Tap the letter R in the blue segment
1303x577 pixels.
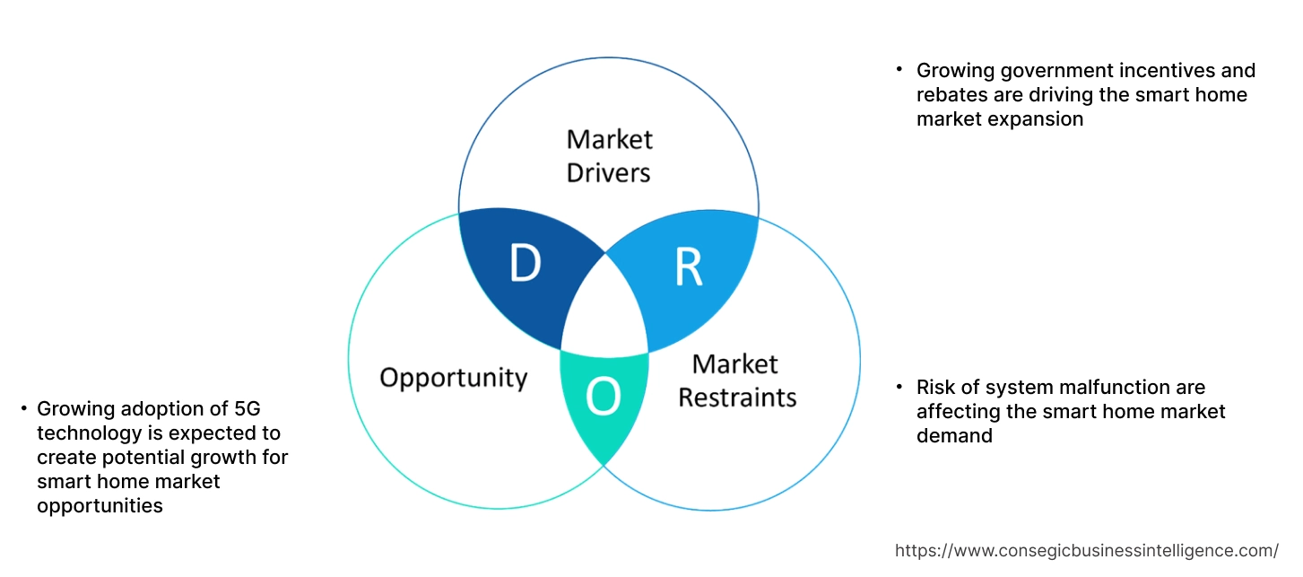[x=688, y=267]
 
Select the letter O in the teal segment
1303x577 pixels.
[x=603, y=398]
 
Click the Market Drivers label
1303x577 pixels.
[x=609, y=155]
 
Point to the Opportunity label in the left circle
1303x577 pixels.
[x=453, y=377]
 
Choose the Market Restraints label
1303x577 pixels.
[x=736, y=380]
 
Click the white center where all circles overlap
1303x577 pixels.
[x=604, y=310]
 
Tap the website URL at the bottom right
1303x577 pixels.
[x=1087, y=550]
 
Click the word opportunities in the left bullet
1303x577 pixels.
[x=100, y=506]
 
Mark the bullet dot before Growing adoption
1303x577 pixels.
[x=23, y=408]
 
